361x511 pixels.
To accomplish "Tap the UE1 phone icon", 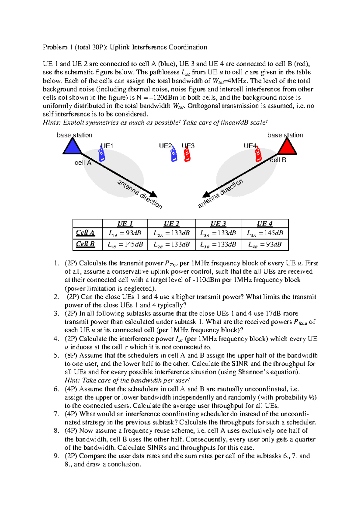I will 102,155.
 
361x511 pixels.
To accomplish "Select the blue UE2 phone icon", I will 174,155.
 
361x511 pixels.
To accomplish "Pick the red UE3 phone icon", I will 187,155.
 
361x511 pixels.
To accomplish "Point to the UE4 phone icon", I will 258,155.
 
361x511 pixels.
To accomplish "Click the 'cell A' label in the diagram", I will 83,163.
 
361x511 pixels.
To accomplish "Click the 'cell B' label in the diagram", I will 278,160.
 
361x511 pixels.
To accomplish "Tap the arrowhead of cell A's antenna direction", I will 153,194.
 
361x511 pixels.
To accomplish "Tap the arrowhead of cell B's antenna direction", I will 206,194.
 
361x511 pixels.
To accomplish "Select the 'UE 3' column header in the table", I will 218,224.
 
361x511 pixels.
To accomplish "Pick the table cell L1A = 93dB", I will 125,233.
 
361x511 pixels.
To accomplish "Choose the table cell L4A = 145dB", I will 265,233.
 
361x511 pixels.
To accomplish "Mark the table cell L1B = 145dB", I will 125,244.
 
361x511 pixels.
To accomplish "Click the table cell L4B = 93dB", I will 265,244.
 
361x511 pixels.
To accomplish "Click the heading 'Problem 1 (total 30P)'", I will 75,47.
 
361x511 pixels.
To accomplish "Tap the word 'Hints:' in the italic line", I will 52,122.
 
